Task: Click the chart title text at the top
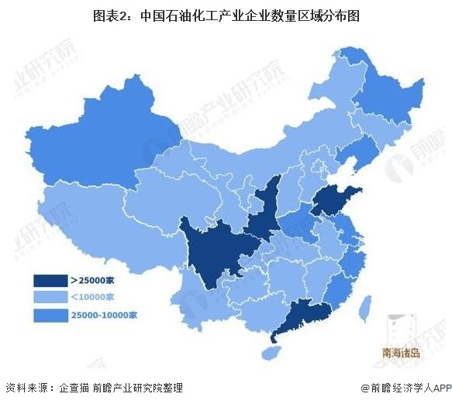coord(226,14)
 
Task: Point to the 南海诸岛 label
coord(401,353)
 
